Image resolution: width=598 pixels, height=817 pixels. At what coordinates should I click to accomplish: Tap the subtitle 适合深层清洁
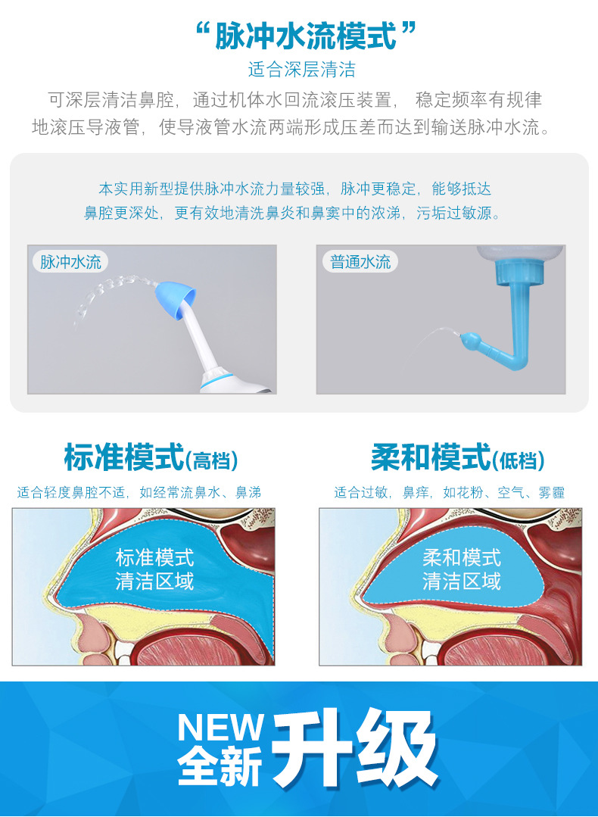coord(301,70)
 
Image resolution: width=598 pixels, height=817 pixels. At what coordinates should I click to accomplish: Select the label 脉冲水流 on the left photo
coord(70,262)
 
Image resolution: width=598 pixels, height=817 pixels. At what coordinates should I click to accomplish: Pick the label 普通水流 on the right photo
coord(361,262)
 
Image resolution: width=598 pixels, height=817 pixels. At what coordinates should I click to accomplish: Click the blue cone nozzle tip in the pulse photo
coord(176,298)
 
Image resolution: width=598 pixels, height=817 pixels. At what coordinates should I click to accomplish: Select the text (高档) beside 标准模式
coord(212,460)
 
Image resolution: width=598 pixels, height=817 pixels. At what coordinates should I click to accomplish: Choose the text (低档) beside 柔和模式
coord(519,460)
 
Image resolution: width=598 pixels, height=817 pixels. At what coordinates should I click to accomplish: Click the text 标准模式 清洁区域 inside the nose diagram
coord(154,569)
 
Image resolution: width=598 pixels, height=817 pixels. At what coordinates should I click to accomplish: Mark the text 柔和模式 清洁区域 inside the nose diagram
coord(462,569)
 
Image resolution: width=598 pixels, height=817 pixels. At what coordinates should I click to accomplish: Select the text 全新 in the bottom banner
coord(220,766)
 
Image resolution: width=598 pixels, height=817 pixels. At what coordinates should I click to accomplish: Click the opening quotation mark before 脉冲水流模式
coord(202,32)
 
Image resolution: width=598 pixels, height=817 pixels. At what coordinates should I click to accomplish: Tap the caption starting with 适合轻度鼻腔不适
coord(139,493)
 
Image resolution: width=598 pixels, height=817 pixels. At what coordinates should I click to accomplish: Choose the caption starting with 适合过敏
coord(450,493)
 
